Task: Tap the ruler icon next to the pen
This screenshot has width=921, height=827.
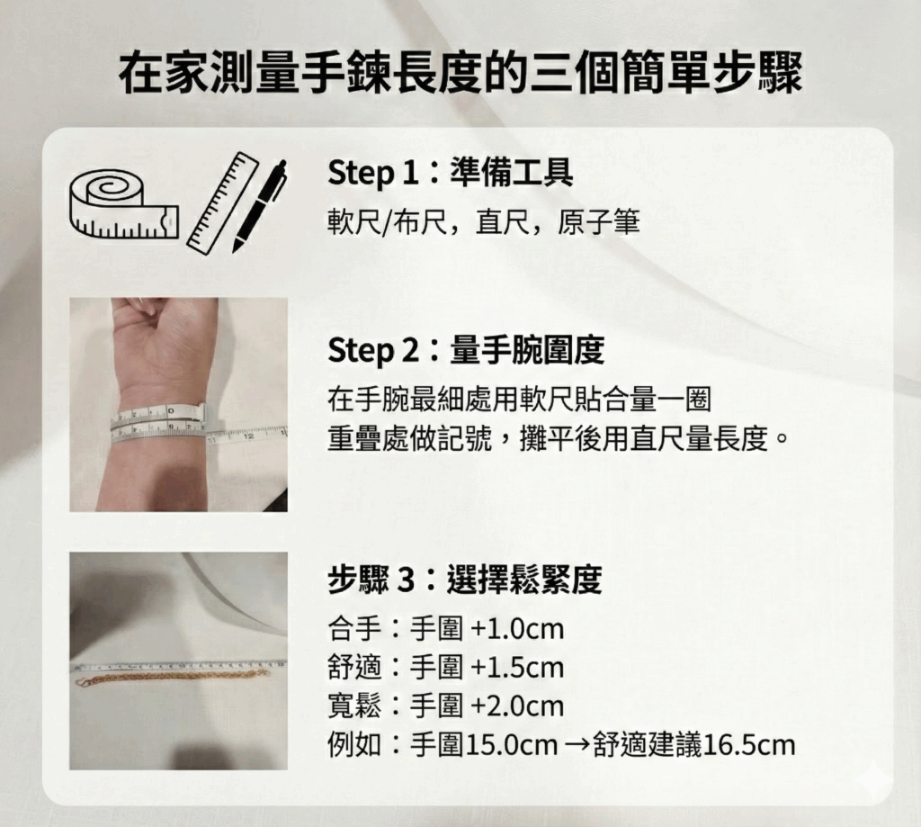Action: [x=221, y=202]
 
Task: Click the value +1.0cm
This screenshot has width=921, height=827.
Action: [x=517, y=629]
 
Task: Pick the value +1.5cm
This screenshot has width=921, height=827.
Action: [x=517, y=668]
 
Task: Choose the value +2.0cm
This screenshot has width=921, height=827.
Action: [x=517, y=706]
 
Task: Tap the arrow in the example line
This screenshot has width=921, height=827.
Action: [x=576, y=745]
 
